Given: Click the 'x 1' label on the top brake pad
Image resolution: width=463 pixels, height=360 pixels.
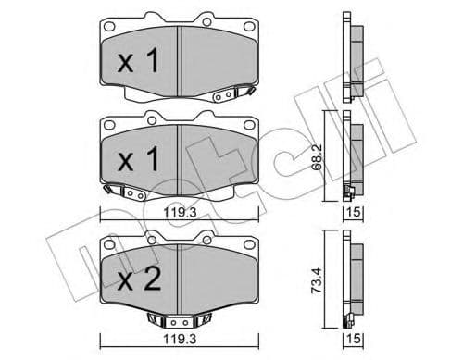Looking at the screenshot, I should pos(142,63).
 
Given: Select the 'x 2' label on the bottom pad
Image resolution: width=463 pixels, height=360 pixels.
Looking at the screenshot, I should pos(142,278).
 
